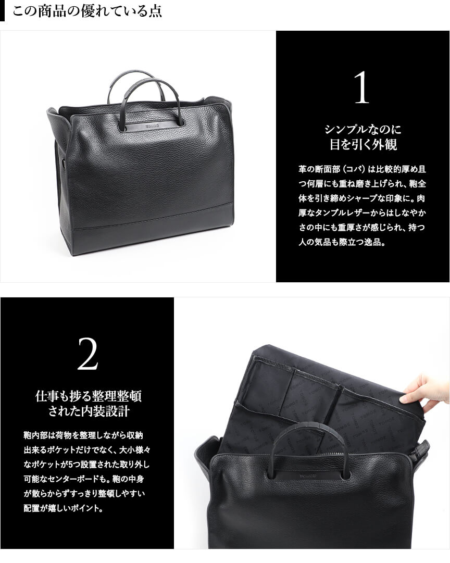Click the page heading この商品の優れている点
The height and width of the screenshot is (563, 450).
pyautogui.click(x=87, y=11)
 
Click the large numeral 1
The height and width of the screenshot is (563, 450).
pyautogui.click(x=361, y=87)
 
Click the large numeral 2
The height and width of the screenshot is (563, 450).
pyautogui.click(x=87, y=354)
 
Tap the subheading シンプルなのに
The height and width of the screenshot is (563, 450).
pyautogui.click(x=362, y=129)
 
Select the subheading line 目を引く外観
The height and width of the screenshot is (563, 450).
pyautogui.click(x=362, y=144)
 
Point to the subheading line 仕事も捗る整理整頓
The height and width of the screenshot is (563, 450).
pyautogui.click(x=89, y=396)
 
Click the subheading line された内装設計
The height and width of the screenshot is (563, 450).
pyautogui.click(x=89, y=411)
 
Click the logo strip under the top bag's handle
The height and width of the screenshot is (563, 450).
pyautogui.click(x=153, y=127)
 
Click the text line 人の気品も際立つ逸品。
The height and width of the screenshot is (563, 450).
pyautogui.click(x=342, y=242)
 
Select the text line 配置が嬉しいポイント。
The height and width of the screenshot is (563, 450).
pyautogui.click(x=64, y=508)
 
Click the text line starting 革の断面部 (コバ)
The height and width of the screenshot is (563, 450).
pyautogui.click(x=362, y=169)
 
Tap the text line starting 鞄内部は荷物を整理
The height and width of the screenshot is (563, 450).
pyautogui.click(x=83, y=435)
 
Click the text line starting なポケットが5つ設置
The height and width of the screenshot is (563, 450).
pyautogui.click(x=86, y=464)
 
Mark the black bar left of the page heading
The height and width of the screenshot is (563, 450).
pyautogui.click(x=2, y=11)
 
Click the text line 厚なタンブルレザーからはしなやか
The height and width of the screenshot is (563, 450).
pyautogui.click(x=362, y=212)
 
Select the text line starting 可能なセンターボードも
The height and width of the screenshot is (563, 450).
pyautogui.click(x=84, y=479)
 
